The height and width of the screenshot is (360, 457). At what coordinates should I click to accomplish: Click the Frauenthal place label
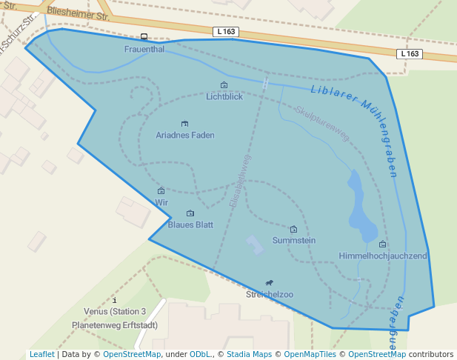click(144, 49)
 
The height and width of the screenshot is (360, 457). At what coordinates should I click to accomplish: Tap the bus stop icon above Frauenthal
click(144, 37)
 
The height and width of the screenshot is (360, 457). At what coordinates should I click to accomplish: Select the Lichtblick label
click(224, 96)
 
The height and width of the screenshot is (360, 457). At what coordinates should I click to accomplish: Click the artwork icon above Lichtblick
click(224, 85)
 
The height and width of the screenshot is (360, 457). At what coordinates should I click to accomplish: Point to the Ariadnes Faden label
click(185, 135)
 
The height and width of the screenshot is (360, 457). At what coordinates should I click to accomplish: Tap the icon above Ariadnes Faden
click(184, 124)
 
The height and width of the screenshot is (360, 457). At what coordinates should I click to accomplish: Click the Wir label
click(161, 202)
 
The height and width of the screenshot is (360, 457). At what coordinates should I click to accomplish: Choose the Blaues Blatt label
click(190, 224)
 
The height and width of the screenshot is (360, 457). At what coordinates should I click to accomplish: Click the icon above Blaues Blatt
click(190, 213)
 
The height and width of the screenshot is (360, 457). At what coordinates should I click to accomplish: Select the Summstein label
click(294, 240)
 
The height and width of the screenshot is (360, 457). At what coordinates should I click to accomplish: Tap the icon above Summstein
click(294, 230)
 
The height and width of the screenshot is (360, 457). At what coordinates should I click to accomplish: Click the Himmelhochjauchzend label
click(383, 256)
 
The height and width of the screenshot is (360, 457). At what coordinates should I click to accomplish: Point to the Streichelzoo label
click(270, 294)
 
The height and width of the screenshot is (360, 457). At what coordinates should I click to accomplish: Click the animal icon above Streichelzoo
click(270, 283)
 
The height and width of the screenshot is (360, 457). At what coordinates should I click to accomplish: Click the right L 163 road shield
click(409, 54)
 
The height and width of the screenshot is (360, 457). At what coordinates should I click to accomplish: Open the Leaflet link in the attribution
click(41, 354)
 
